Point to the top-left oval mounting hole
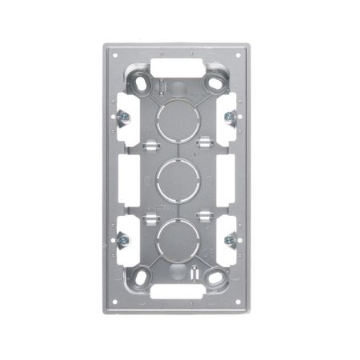[143, 82]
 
